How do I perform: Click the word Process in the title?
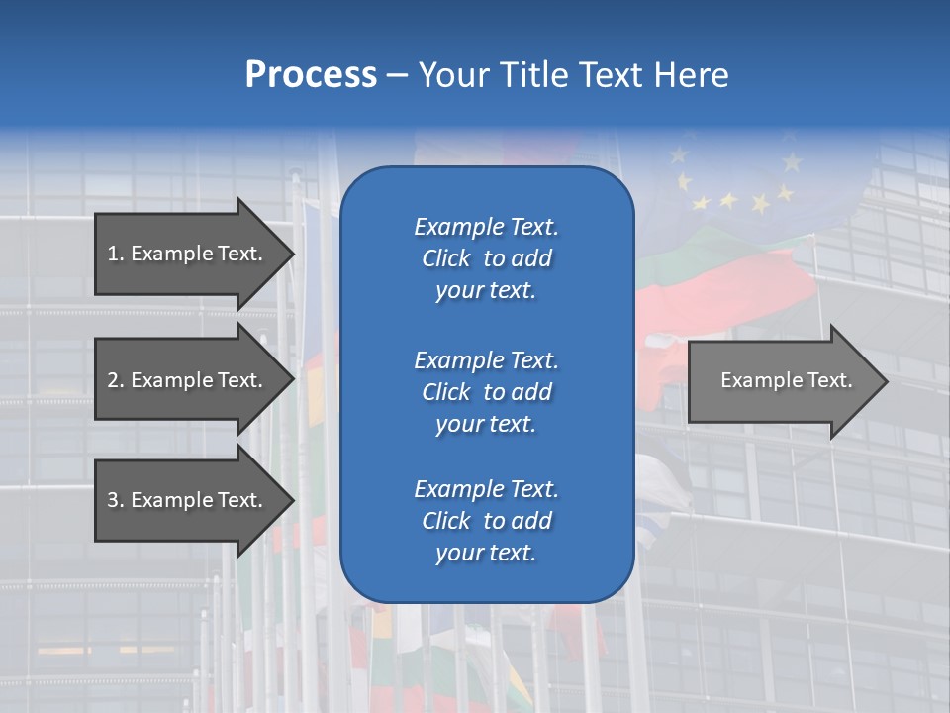(311, 75)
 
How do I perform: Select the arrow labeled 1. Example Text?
(188, 254)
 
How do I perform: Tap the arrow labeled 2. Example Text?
(188, 380)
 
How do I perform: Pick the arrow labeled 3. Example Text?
(188, 500)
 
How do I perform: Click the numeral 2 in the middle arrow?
(113, 380)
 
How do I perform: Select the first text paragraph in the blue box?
(486, 258)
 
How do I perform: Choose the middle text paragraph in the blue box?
(486, 392)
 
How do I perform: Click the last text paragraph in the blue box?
(486, 521)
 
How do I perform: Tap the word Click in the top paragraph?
(446, 258)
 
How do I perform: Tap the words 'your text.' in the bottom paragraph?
(486, 553)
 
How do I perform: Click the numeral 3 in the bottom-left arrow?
(113, 500)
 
